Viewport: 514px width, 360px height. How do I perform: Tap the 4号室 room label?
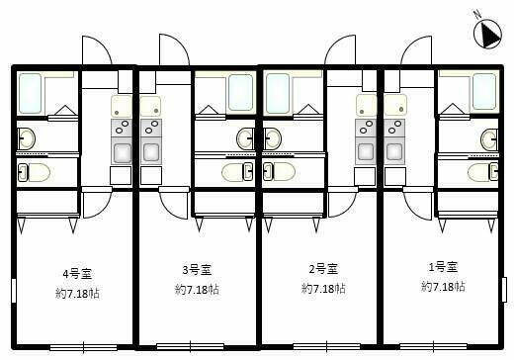pyautogui.click(x=77, y=274)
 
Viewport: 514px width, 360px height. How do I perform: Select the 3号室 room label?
pyautogui.click(x=197, y=270)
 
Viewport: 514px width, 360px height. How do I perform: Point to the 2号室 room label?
pyautogui.click(x=323, y=269)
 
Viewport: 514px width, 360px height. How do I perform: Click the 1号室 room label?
pyautogui.click(x=443, y=267)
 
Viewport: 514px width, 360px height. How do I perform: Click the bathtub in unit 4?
pyautogui.click(x=30, y=94)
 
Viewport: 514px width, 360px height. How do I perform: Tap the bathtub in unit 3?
pyautogui.click(x=241, y=92)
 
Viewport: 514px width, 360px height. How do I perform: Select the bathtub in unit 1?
pyautogui.click(x=484, y=91)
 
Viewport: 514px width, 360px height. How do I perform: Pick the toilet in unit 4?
pyautogui.click(x=34, y=172)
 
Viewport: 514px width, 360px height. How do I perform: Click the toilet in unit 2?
pyautogui.click(x=279, y=172)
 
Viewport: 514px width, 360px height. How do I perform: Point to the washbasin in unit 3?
pyautogui.click(x=245, y=138)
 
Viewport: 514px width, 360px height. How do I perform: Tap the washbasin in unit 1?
pyautogui.click(x=489, y=139)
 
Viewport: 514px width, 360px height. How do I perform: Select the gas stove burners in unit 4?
pyautogui.click(x=122, y=128)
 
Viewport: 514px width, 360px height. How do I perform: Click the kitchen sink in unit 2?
pyautogui.click(x=366, y=151)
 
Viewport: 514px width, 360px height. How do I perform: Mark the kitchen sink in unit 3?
pyautogui.click(x=151, y=151)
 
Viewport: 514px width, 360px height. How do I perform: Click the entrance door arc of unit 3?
pyautogui.click(x=174, y=49)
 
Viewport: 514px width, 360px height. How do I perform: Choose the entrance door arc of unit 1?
pyautogui.click(x=416, y=50)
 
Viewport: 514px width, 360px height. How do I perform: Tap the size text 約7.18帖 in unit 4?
pyautogui.click(x=77, y=293)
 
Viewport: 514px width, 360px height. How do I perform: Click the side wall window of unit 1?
pyautogui.click(x=504, y=290)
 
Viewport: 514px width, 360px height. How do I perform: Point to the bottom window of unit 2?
pyautogui.click(x=326, y=346)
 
